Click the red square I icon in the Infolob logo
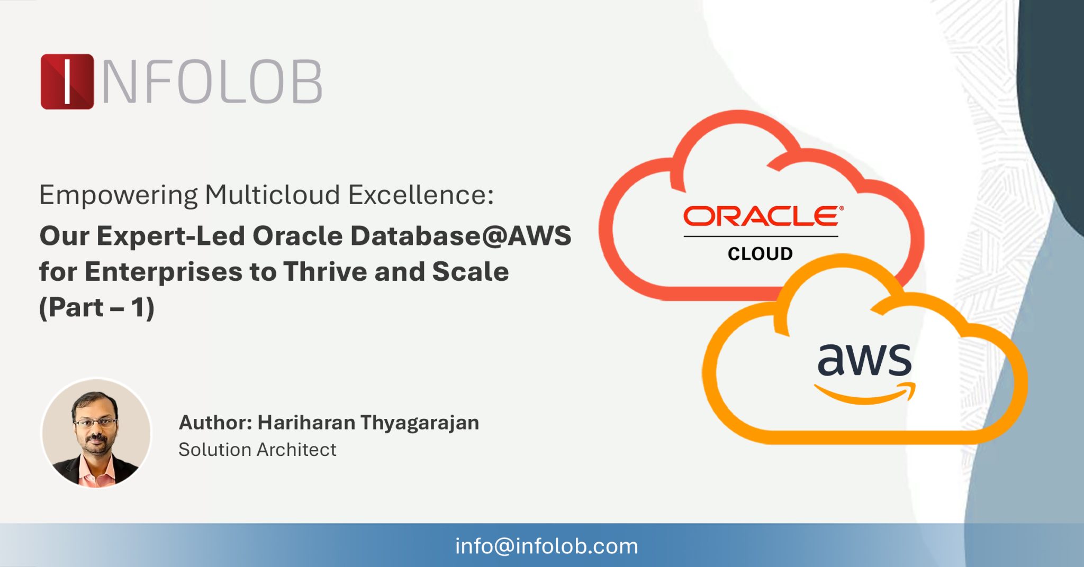[67, 81]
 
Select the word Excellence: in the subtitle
[421, 195]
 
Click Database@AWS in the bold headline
[460, 236]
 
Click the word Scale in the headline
[470, 272]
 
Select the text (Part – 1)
[97, 307]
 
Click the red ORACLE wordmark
[762, 217]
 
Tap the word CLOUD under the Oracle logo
[760, 254]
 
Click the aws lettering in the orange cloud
[864, 360]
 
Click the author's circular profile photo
[96, 433]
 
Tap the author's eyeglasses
[95, 422]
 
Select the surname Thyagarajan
[420, 423]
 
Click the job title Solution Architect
[257, 450]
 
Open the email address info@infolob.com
[546, 546]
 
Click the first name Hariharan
[306, 423]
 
